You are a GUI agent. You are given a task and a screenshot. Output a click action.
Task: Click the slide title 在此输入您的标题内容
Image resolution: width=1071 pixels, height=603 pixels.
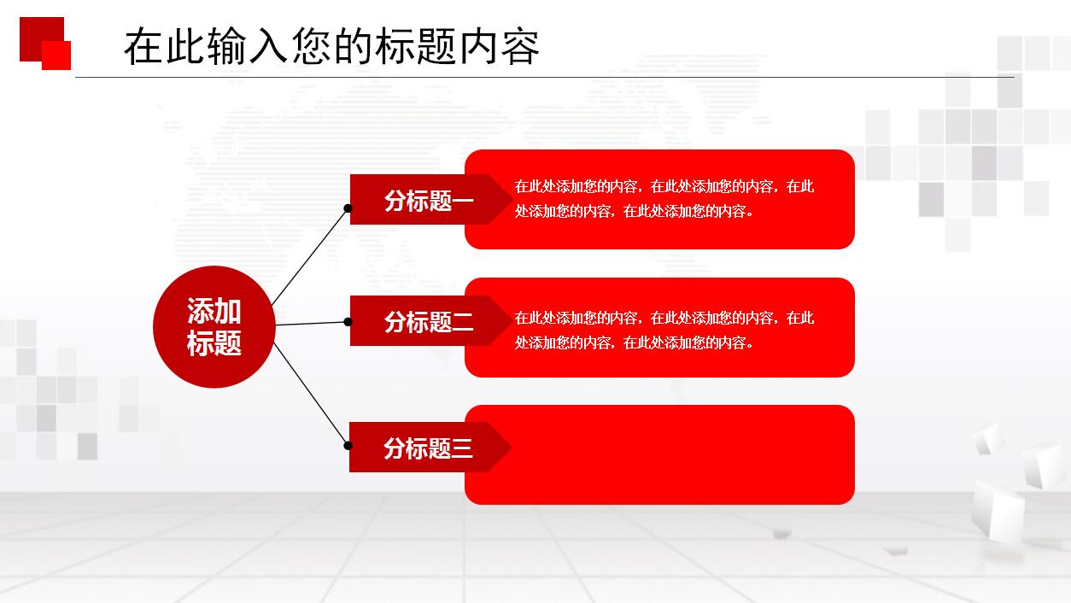click(x=331, y=46)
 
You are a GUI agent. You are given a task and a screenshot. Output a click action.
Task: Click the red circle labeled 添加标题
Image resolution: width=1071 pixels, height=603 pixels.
click(x=214, y=327)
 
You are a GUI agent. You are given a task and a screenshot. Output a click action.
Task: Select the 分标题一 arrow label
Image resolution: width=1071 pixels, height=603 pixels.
click(x=427, y=200)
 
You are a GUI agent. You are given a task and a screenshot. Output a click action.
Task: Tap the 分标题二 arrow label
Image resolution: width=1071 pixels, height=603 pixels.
click(x=427, y=321)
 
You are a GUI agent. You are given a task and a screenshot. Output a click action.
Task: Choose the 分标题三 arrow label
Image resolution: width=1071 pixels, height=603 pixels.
click(x=427, y=448)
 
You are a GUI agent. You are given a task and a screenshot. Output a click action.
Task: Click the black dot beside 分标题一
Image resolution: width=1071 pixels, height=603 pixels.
click(x=348, y=208)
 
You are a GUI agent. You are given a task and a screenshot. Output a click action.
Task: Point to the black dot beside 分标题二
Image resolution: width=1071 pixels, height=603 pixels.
click(x=348, y=322)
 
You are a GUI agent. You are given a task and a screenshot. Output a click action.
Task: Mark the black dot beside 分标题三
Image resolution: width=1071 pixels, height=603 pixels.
click(x=348, y=445)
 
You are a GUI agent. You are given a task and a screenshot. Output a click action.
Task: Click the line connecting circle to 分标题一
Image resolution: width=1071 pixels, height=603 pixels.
click(x=309, y=255)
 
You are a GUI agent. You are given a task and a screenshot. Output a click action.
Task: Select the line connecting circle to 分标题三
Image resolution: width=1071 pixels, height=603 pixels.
click(x=311, y=395)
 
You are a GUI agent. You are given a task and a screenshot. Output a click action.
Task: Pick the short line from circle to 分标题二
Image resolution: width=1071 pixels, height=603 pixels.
click(x=311, y=324)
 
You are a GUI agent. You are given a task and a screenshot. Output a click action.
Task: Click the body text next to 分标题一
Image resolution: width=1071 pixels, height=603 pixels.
click(x=664, y=199)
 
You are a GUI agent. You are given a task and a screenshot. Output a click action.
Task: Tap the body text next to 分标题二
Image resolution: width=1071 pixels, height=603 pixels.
click(x=664, y=331)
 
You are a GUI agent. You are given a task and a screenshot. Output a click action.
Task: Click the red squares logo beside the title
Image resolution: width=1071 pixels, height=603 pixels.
click(x=45, y=43)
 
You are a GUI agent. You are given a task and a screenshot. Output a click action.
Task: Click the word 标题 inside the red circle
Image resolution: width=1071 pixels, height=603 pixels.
click(x=214, y=343)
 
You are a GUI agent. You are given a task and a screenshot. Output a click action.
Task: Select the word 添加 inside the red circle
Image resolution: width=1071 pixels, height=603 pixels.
click(x=214, y=312)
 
